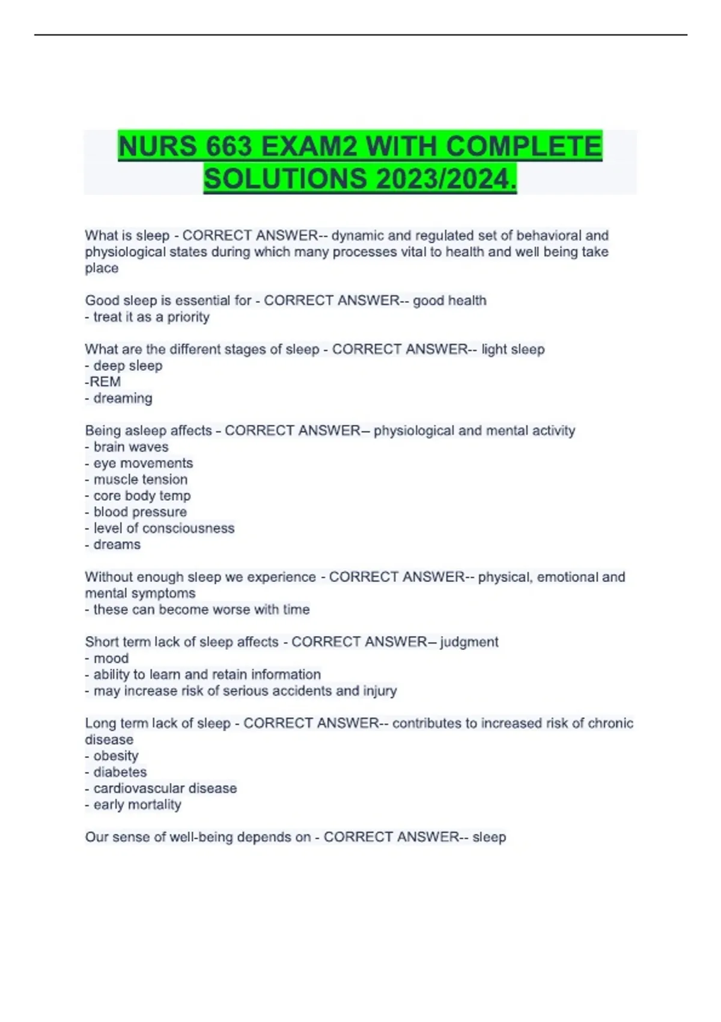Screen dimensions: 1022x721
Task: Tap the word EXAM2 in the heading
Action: click(x=310, y=147)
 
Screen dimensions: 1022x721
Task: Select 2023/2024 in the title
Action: click(x=443, y=179)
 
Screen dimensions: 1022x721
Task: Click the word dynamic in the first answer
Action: click(x=356, y=236)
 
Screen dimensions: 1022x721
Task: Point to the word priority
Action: click(x=188, y=317)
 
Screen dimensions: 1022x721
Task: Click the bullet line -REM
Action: click(x=103, y=382)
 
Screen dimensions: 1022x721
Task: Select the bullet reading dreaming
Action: click(x=123, y=398)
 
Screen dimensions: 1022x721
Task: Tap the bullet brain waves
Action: click(x=130, y=447)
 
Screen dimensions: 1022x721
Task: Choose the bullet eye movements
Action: click(x=143, y=463)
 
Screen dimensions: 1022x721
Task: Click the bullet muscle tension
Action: click(x=140, y=479)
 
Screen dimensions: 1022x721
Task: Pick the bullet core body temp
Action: click(x=142, y=495)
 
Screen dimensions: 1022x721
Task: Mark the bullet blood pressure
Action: click(x=140, y=512)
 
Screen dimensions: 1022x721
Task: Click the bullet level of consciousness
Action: click(x=163, y=528)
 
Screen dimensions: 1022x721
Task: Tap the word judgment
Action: click(x=469, y=642)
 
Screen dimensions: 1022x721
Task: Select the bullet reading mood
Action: click(x=111, y=658)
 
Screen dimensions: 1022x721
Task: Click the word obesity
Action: click(x=116, y=756)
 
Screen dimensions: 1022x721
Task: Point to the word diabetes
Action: click(x=120, y=772)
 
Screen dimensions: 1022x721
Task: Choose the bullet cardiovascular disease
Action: click(x=165, y=788)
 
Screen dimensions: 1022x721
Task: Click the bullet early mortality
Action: click(x=137, y=804)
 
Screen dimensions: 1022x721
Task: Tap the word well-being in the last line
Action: click(x=195, y=837)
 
